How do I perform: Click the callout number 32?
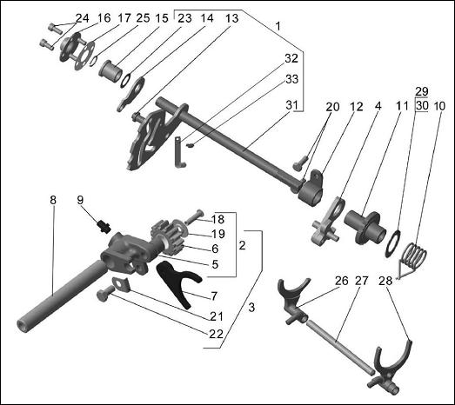point(291,58)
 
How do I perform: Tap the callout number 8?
point(53,200)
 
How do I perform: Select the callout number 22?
point(216,334)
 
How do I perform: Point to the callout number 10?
point(439,106)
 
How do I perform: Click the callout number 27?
point(361,281)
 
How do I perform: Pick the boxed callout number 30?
point(422,105)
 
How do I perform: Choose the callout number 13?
point(232,18)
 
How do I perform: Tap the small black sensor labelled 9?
point(104,226)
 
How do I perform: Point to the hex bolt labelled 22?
point(105,294)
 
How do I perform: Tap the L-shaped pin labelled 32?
point(179,153)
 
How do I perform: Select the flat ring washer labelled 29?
point(392,243)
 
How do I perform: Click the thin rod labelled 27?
point(338,345)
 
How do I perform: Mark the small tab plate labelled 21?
point(121,283)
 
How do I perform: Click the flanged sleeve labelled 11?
point(365,228)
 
